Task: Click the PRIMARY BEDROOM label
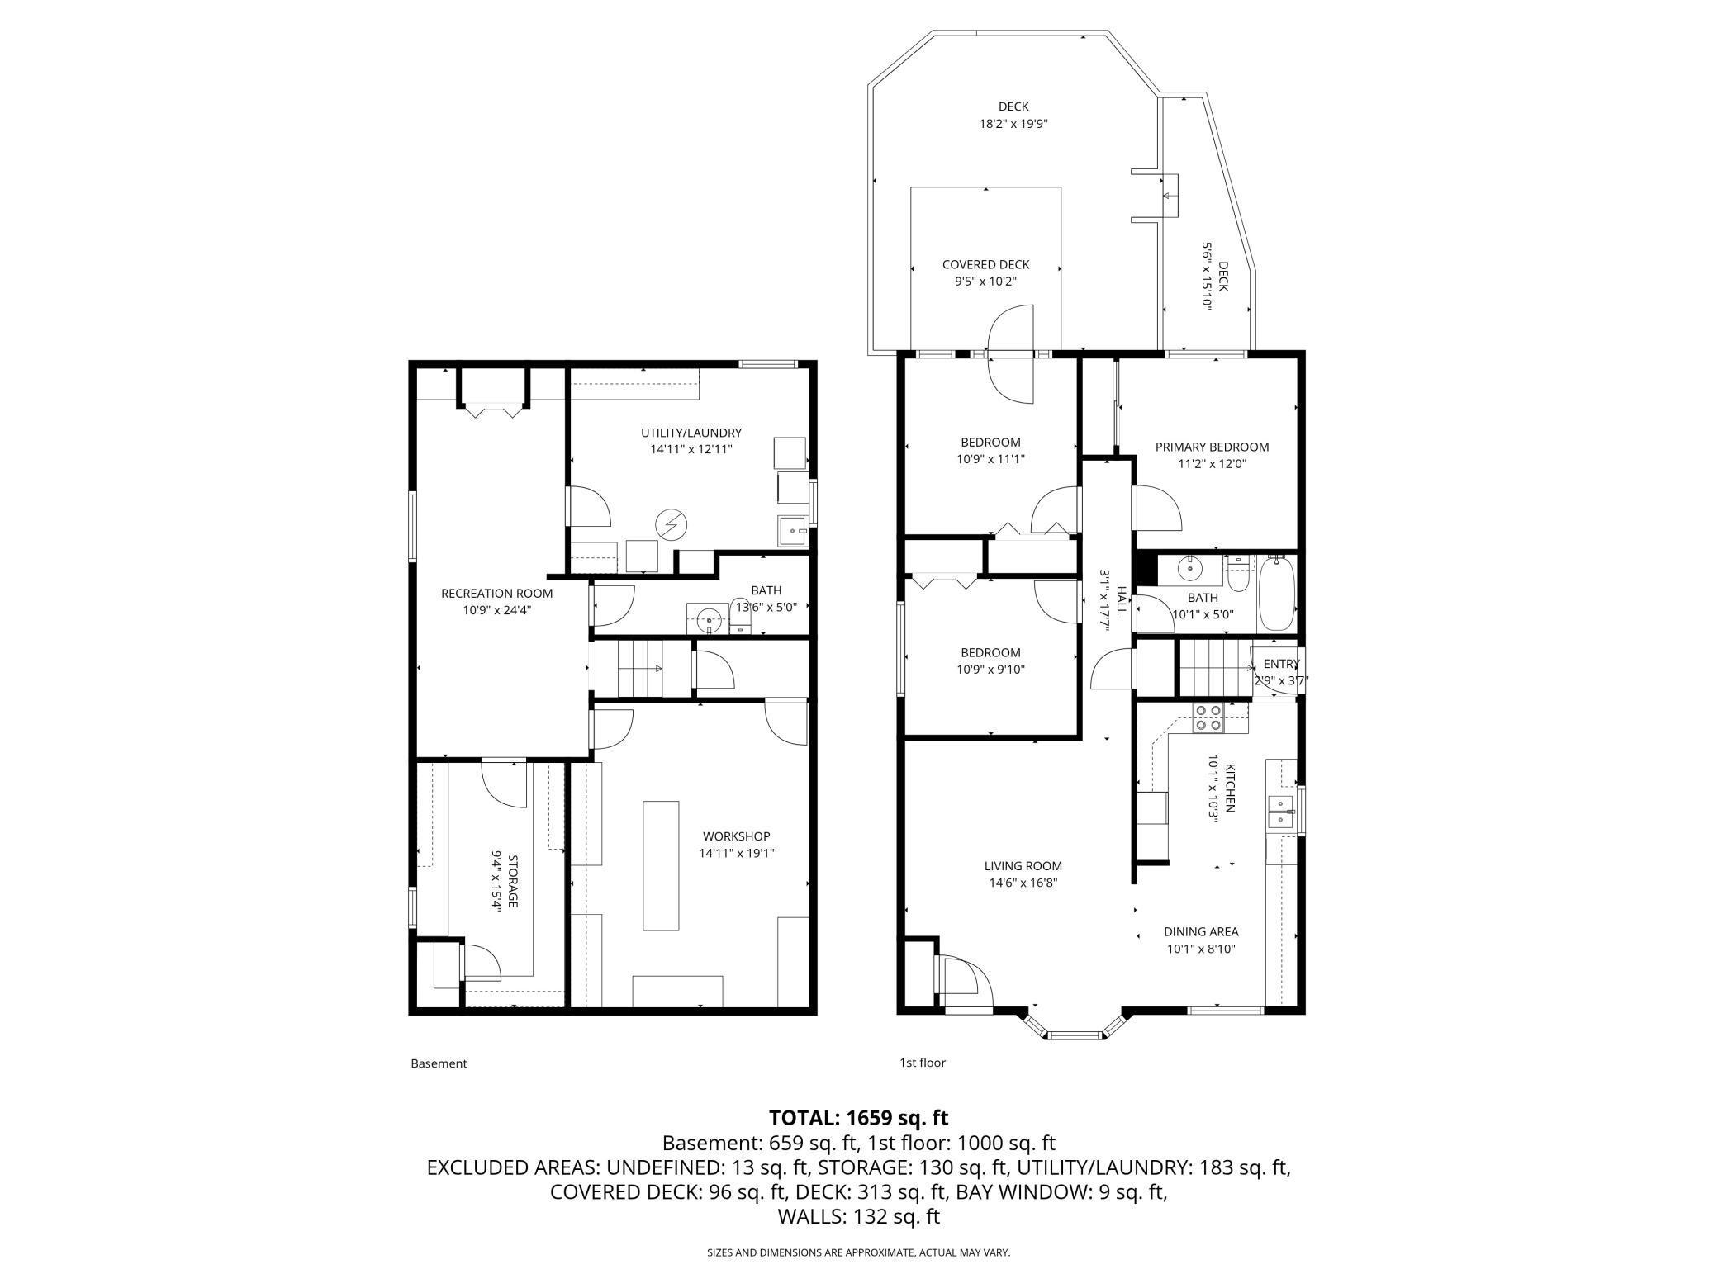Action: (1212, 447)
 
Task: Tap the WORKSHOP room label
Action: (736, 836)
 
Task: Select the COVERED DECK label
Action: (985, 264)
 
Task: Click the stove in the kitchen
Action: (1208, 719)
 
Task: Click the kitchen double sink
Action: (1281, 812)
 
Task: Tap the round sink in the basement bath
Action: (708, 618)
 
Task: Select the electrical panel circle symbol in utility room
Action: (670, 524)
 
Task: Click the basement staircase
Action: (641, 668)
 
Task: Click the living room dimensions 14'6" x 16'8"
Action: (1023, 883)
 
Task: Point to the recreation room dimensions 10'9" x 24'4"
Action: (496, 610)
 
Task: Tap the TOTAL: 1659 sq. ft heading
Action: (858, 1118)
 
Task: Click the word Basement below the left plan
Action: (439, 1063)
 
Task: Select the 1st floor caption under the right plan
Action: (922, 1063)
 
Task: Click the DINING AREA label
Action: (1201, 931)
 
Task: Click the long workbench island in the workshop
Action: (661, 865)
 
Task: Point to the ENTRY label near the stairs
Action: (1280, 664)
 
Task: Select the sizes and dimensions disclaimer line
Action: (858, 1252)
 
